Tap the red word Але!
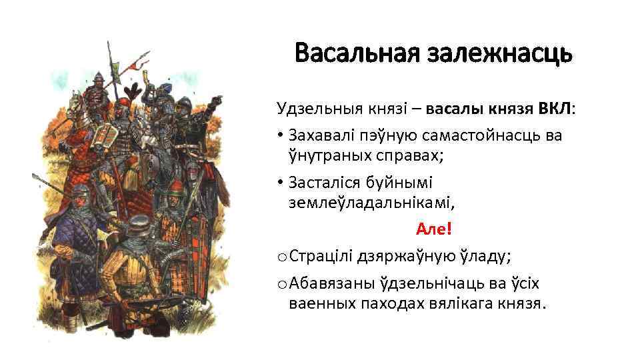[433, 229]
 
